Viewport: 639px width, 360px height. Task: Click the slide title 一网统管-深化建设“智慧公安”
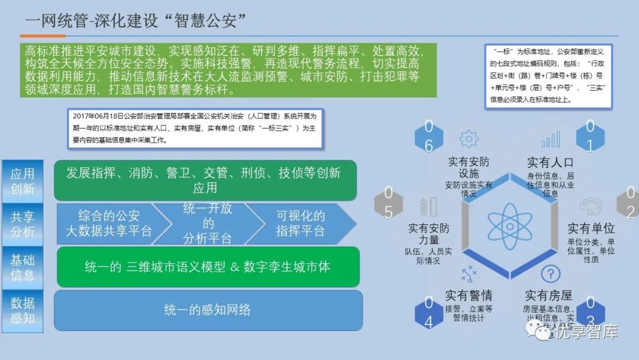click(135, 21)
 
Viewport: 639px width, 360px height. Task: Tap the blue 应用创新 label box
click(22, 181)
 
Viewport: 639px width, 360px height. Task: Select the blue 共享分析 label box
click(22, 224)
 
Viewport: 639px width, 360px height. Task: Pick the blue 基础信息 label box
click(22, 266)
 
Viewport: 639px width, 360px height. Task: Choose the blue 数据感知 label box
click(22, 310)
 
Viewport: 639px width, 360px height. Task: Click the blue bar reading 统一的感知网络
click(208, 310)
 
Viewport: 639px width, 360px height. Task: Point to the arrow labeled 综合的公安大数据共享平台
click(109, 224)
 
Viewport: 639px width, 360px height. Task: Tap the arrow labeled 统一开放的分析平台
click(208, 224)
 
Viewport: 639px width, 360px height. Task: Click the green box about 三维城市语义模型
click(208, 266)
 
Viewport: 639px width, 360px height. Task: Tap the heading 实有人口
click(550, 162)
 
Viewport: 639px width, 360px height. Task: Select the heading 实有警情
click(469, 295)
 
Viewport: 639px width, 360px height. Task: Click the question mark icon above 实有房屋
click(551, 274)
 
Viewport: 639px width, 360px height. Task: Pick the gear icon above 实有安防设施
click(469, 140)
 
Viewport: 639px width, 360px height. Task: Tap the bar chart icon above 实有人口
click(550, 140)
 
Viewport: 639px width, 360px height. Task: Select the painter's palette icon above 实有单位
click(590, 206)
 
